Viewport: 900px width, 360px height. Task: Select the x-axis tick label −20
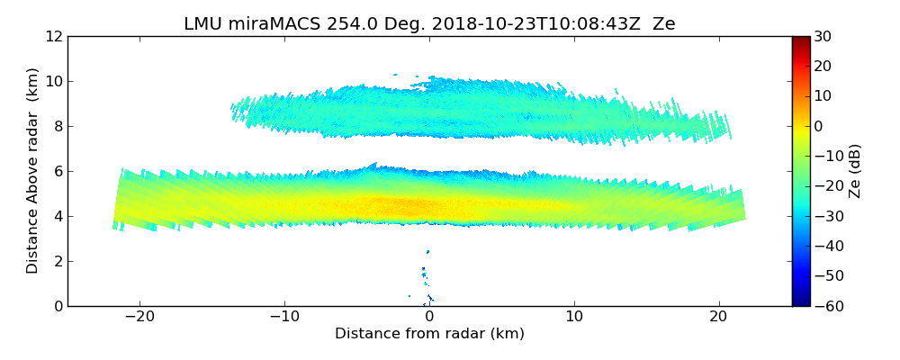pyautogui.click(x=139, y=317)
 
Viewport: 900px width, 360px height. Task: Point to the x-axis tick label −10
pyautogui.click(x=284, y=317)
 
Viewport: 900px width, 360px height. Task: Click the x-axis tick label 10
pyautogui.click(x=574, y=317)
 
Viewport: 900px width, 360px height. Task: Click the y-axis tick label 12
pyautogui.click(x=53, y=37)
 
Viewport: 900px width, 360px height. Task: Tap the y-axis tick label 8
pyautogui.click(x=57, y=127)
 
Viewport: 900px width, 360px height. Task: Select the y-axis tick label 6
pyautogui.click(x=57, y=172)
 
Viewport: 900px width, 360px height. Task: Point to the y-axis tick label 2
pyautogui.click(x=57, y=262)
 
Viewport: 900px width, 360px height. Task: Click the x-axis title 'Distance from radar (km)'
pyautogui.click(x=429, y=334)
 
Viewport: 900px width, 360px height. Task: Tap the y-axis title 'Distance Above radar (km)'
pyautogui.click(x=33, y=171)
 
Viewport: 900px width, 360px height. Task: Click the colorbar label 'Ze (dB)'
pyautogui.click(x=855, y=171)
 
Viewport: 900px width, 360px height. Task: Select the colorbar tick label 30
pyautogui.click(x=823, y=37)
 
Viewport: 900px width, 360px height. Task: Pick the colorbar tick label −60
pyautogui.click(x=827, y=306)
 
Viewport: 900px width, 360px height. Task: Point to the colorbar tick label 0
pyautogui.click(x=819, y=127)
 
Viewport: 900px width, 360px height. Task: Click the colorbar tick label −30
pyautogui.click(x=827, y=217)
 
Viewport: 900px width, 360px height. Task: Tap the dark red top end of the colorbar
pyautogui.click(x=800, y=40)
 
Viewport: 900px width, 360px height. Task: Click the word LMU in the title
pyautogui.click(x=202, y=24)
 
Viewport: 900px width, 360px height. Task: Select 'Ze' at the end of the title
pyautogui.click(x=664, y=24)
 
